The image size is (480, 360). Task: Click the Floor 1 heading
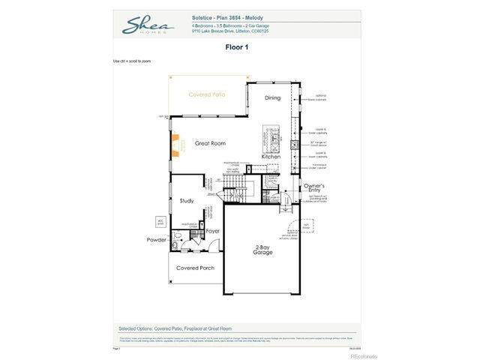coord(236,47)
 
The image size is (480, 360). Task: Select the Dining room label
coord(272,98)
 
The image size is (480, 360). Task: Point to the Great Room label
coord(210,143)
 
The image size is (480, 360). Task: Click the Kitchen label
coord(271,157)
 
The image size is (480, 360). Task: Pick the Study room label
coord(187,201)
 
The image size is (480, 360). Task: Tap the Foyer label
coord(212,231)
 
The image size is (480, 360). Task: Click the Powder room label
coord(157,240)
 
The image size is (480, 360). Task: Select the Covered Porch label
coord(195,268)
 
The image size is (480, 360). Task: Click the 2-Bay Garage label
coord(262,250)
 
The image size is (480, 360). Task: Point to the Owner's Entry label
coord(313,187)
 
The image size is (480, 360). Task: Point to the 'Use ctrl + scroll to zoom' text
coord(132,61)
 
